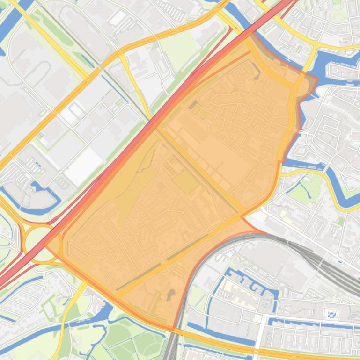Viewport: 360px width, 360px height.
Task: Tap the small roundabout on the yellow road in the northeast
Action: click(316, 45)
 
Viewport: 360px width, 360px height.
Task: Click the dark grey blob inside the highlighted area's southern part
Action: click(171, 294)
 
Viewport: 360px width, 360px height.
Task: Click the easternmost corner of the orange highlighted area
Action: click(317, 79)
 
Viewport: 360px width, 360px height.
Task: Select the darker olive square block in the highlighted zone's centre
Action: click(186, 181)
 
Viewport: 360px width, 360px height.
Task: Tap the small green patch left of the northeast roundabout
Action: click(299, 49)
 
